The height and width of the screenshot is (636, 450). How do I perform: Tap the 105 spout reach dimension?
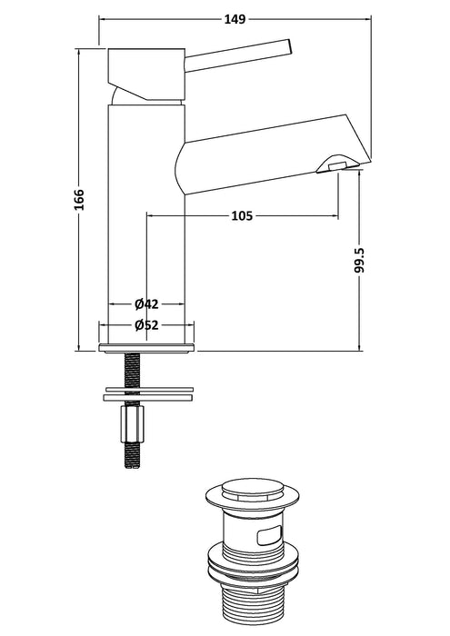(241, 215)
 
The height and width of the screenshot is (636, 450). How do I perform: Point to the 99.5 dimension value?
(360, 259)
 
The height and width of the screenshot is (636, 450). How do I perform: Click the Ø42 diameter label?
(148, 303)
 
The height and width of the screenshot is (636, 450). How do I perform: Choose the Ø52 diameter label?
(148, 325)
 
